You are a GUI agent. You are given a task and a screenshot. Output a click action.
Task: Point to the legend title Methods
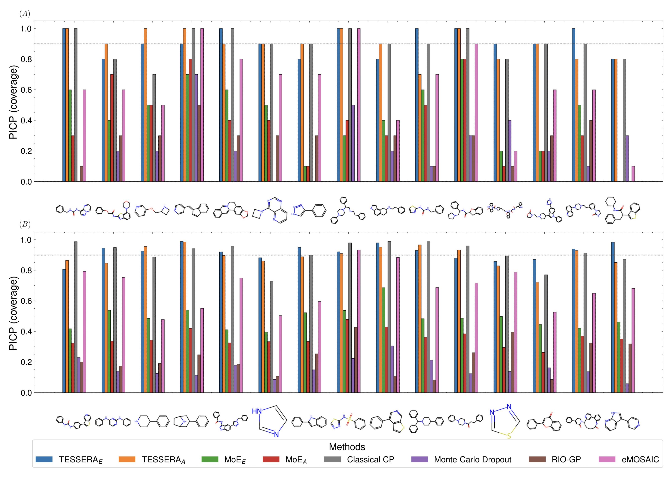point(347,446)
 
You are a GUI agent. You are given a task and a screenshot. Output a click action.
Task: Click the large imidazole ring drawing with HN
point(269,421)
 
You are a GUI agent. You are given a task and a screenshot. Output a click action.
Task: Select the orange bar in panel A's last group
point(616,120)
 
